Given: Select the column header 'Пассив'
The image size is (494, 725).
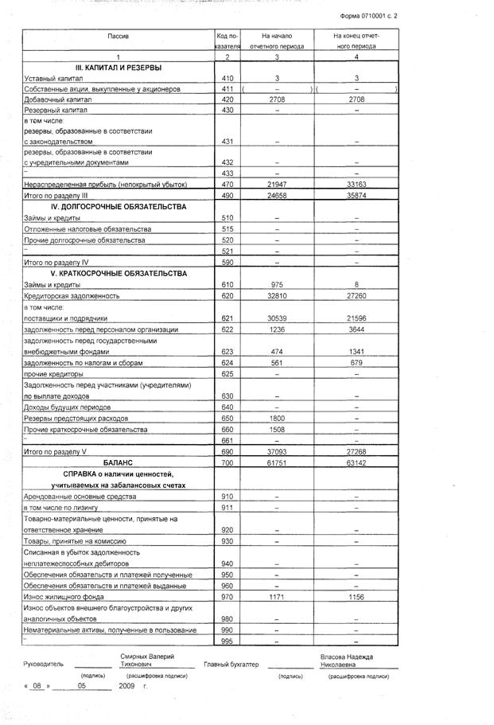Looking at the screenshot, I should (117, 37).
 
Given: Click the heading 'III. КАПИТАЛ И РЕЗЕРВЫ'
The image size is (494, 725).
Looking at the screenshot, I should (117, 67).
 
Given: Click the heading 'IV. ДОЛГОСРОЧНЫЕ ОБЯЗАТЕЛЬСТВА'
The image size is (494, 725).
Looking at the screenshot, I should (117, 206).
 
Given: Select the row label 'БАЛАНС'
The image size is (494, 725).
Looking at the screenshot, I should (117, 462).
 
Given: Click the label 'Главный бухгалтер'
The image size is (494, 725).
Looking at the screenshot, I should (231, 663).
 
